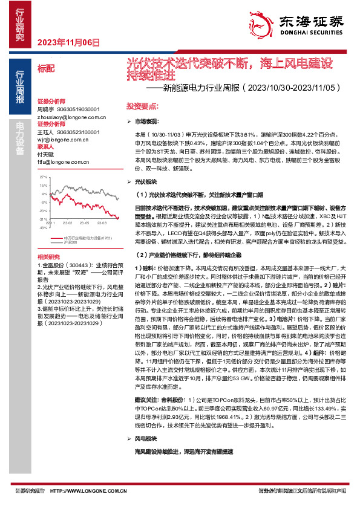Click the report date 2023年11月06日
pos(68,42)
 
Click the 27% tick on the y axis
pos(44,178)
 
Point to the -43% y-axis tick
pos(43,228)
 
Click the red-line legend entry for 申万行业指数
pos(87,238)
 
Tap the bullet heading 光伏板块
pos(145,181)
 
